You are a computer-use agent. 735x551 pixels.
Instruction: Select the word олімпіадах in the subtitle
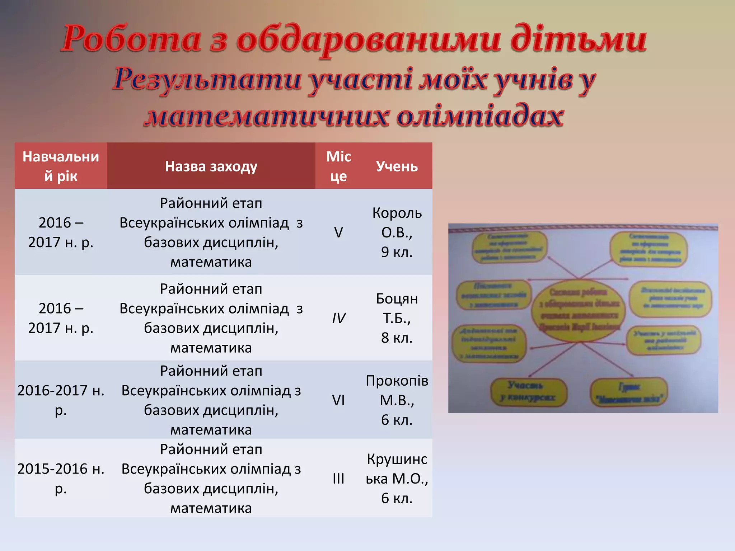(480, 117)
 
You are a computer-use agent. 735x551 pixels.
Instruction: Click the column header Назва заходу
(211, 166)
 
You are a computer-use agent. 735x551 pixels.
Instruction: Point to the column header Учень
(397, 166)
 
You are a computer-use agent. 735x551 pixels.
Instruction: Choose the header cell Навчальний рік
(61, 166)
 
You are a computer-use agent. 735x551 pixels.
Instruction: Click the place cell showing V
(338, 232)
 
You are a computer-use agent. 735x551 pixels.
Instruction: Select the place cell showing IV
(338, 318)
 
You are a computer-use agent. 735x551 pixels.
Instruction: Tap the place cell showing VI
(338, 400)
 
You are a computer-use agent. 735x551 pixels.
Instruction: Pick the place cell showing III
(338, 479)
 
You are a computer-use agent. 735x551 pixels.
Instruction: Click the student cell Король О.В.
(397, 232)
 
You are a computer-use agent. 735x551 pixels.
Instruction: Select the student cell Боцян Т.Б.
(397, 318)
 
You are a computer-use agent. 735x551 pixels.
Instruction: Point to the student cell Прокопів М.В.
(397, 400)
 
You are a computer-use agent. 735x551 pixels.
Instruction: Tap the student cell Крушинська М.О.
(397, 479)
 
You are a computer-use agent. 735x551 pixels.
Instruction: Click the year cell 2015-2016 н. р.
(61, 479)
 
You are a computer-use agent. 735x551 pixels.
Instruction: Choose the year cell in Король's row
(61, 232)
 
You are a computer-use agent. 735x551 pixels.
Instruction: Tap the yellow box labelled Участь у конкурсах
(528, 392)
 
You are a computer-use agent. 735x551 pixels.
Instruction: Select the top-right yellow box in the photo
(649, 249)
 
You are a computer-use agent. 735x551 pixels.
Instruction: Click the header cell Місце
(338, 166)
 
